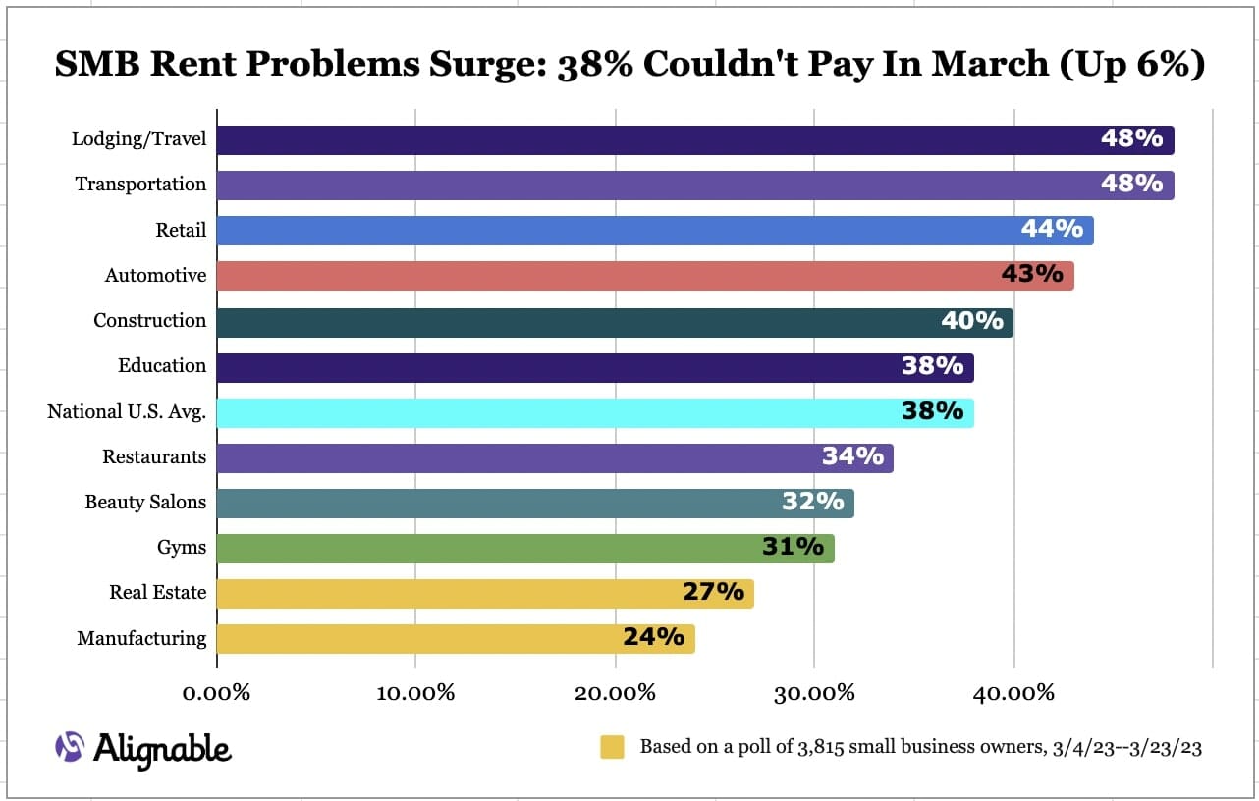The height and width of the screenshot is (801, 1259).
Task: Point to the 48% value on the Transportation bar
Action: [x=1131, y=184]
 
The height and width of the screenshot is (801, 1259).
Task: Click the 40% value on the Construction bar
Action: [x=972, y=321]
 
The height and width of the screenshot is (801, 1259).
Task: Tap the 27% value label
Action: [x=713, y=592]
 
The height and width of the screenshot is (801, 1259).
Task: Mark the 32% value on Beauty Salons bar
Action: [x=812, y=502]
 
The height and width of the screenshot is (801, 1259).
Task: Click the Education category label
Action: [x=162, y=366]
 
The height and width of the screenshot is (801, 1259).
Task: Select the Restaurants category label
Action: [x=154, y=457]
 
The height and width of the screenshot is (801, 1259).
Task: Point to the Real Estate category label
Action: [x=157, y=593]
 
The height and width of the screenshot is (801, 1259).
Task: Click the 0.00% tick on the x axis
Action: [x=217, y=693]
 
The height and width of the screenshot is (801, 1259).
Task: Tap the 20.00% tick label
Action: [x=616, y=693]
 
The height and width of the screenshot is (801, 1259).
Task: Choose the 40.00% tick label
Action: [x=1014, y=693]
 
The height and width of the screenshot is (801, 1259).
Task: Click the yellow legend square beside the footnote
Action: [x=613, y=747]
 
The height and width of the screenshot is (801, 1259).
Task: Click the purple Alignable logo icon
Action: [x=70, y=747]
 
